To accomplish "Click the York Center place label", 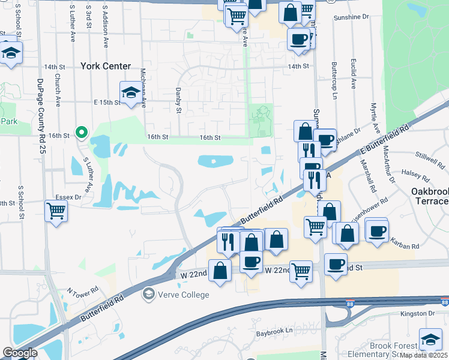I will [101, 67].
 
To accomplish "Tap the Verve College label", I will [182, 295].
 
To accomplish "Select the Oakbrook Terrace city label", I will [430, 196].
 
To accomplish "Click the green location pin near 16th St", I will [82, 132].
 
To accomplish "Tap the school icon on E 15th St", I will [130, 93].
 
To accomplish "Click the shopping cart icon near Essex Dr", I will [56, 211].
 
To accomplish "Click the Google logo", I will [20, 353].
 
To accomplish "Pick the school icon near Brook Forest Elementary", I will [430, 340].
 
